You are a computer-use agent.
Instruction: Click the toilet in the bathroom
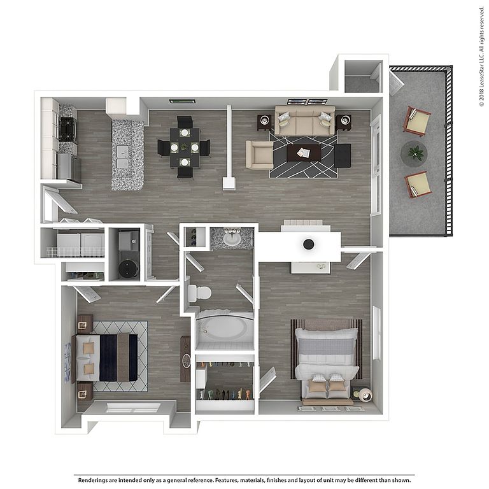(x=199, y=293)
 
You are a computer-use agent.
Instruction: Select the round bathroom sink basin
(x=232, y=239)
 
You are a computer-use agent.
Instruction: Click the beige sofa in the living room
(x=305, y=121)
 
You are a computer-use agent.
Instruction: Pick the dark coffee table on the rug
(x=304, y=153)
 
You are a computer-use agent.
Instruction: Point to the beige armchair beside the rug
(x=260, y=155)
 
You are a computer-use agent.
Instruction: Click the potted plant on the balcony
(x=414, y=153)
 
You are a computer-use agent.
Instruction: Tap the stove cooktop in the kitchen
(x=67, y=129)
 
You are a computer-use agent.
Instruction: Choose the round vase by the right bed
(x=365, y=395)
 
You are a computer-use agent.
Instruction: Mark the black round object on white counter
(x=308, y=244)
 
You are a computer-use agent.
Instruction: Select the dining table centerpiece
(x=185, y=147)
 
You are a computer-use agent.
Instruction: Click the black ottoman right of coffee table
(x=343, y=155)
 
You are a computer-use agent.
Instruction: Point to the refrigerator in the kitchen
(x=69, y=167)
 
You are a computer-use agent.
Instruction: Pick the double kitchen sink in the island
(x=122, y=158)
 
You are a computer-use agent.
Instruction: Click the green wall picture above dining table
(x=183, y=101)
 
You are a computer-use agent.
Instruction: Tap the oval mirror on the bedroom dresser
(x=186, y=361)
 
